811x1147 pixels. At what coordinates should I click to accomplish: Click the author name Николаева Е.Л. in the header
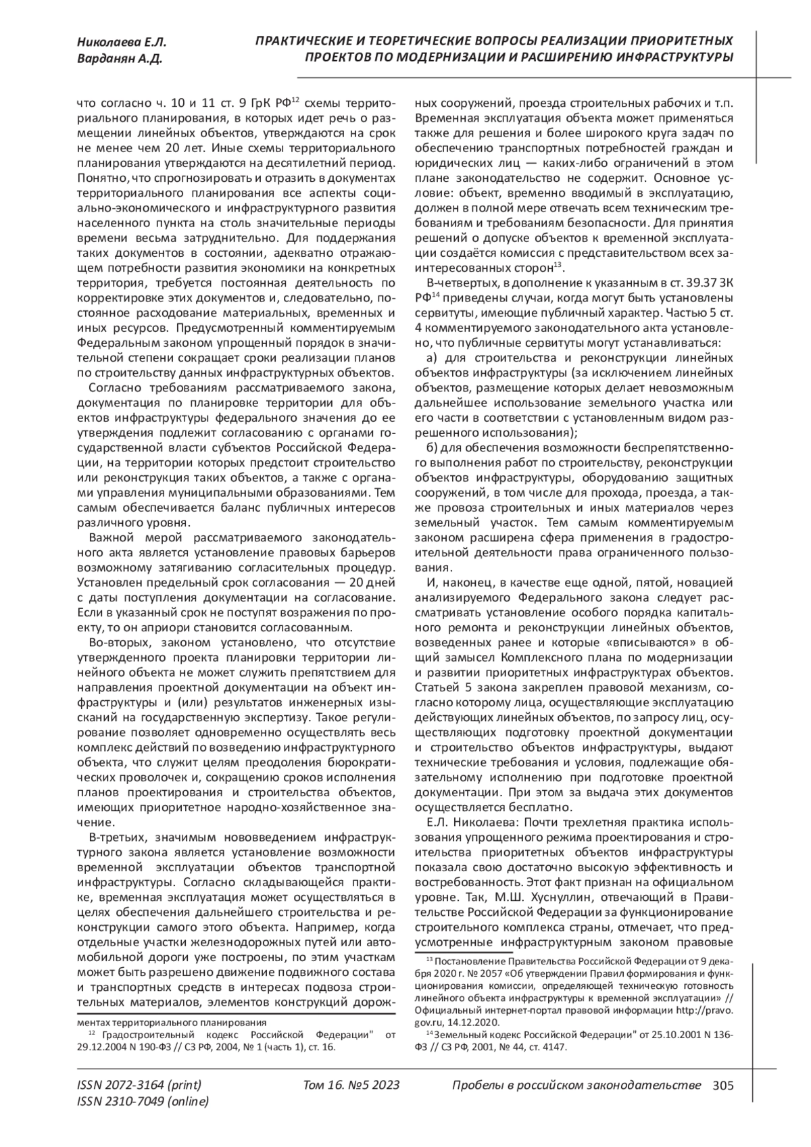[x=121, y=41]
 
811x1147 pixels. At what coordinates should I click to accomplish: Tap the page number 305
[x=723, y=1085]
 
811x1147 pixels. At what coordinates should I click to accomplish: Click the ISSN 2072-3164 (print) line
[x=139, y=1085]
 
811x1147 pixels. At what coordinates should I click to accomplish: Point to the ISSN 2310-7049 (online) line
[x=143, y=1102]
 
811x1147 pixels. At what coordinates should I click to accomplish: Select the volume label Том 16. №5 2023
[x=351, y=1085]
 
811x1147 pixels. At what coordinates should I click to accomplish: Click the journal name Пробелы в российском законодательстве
[x=575, y=1085]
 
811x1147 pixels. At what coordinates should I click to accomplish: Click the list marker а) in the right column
[x=431, y=357]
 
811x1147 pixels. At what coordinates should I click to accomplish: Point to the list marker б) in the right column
[x=431, y=449]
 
